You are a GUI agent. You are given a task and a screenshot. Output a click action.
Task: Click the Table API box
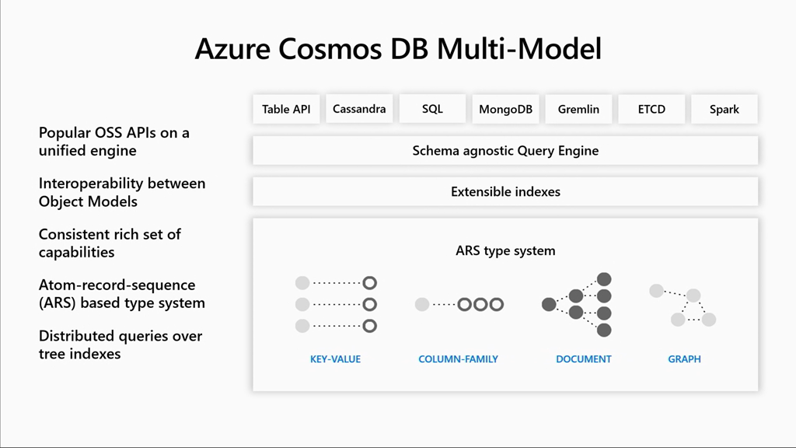pyautogui.click(x=286, y=109)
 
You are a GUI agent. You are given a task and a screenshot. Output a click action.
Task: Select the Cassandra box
pyautogui.click(x=359, y=109)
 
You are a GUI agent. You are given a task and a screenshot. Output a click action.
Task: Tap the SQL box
pyautogui.click(x=432, y=109)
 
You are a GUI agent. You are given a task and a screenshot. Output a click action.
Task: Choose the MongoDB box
pyautogui.click(x=505, y=109)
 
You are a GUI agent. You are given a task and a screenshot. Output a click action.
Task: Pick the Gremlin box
pyautogui.click(x=578, y=109)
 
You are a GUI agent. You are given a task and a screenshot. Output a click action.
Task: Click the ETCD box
pyautogui.click(x=651, y=109)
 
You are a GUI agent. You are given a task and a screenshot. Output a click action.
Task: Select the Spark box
pyautogui.click(x=724, y=109)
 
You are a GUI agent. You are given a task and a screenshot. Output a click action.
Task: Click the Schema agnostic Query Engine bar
pyautogui.click(x=505, y=150)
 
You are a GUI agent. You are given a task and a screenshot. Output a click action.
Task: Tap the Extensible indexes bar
pyautogui.click(x=505, y=191)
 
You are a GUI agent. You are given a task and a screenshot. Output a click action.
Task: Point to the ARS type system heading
pyautogui.click(x=505, y=250)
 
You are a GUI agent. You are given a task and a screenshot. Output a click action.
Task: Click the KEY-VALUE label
pyautogui.click(x=335, y=359)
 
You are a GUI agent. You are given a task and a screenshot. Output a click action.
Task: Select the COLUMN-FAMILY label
pyautogui.click(x=458, y=359)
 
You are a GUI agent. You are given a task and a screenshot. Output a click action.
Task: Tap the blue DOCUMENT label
pyautogui.click(x=583, y=359)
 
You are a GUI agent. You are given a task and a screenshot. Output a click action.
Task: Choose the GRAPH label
pyautogui.click(x=684, y=359)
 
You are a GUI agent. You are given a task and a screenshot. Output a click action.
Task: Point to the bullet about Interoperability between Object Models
pyautogui.click(x=122, y=192)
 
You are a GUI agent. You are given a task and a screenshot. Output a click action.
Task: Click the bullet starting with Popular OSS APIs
pyautogui.click(x=114, y=142)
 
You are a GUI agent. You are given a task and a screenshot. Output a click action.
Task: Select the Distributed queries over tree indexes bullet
pyautogui.click(x=120, y=345)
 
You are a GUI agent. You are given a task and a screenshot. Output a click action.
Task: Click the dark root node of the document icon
pyautogui.click(x=549, y=304)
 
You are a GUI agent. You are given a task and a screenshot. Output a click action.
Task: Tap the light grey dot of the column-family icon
pyautogui.click(x=422, y=304)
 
